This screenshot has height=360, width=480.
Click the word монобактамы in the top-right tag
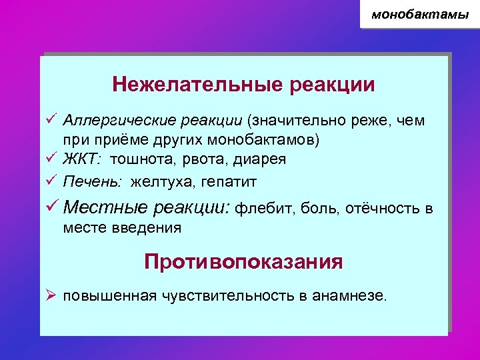pos(420,14)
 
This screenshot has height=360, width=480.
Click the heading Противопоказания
pos(243,261)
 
